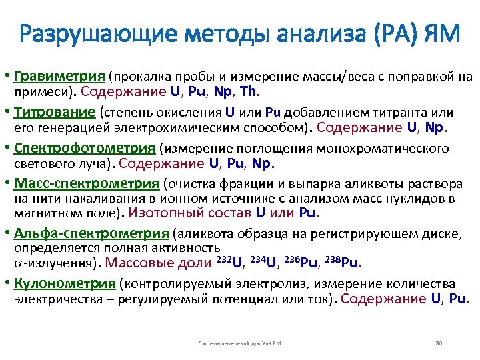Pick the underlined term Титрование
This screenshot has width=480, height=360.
pos(56,111)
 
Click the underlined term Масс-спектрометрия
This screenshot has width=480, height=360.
pos(87,184)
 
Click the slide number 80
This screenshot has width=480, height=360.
pos(439,343)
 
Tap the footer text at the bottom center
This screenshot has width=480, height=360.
pos(239,343)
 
